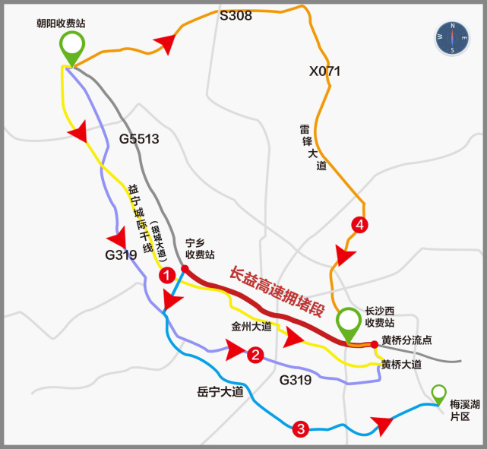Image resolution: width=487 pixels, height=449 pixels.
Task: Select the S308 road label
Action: pos(236,14)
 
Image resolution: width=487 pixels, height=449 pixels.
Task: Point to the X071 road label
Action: pos(324,71)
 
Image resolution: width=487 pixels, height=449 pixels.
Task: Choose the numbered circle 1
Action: pos(166,277)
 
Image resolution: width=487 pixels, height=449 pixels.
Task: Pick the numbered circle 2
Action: pos(256,354)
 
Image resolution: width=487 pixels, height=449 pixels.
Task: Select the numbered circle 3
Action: pos(301,430)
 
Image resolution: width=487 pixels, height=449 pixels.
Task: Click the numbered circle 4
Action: pos(359,225)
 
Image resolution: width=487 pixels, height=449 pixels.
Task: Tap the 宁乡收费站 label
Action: pos(200,249)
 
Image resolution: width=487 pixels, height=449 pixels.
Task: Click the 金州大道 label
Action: pos(251,327)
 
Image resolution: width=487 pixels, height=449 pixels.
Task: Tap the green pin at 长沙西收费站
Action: pos(349,323)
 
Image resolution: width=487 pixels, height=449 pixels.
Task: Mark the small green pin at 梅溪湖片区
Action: pos(439,394)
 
